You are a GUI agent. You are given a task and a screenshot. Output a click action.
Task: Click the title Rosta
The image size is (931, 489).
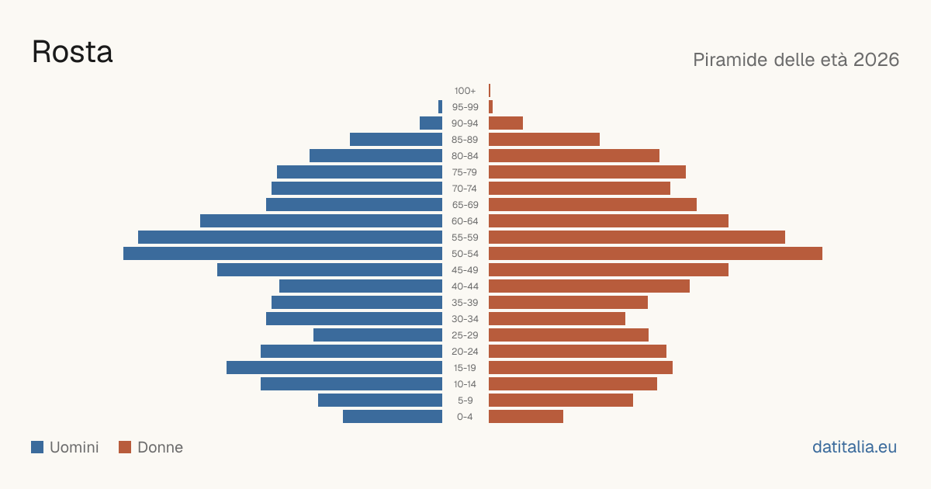click(72, 52)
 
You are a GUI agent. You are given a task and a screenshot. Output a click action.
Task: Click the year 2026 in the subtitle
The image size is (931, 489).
click(876, 60)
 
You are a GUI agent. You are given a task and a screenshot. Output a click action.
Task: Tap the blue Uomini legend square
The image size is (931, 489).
click(37, 447)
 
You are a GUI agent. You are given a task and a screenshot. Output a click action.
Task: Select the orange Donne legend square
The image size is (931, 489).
click(125, 447)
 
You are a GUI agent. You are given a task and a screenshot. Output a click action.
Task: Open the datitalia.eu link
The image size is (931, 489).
click(854, 447)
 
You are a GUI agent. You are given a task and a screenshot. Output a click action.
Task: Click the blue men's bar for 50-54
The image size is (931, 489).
click(282, 254)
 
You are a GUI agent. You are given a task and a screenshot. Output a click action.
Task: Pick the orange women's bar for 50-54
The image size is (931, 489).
click(656, 254)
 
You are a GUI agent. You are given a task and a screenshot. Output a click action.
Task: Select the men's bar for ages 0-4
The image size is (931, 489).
click(393, 417)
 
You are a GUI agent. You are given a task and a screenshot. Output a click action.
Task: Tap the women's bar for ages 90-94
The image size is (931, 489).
click(506, 123)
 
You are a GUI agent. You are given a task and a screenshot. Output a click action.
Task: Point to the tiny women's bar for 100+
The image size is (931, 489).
click(490, 91)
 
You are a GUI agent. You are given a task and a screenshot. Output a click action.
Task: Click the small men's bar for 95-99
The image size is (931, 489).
click(440, 107)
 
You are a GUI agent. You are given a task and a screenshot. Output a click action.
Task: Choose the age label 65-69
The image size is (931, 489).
click(465, 205)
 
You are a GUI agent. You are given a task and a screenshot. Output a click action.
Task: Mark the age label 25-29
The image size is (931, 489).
click(465, 335)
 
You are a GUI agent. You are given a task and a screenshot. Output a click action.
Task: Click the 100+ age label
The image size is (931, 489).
click(465, 91)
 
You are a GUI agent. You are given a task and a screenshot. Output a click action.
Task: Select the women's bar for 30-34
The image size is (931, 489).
click(557, 319)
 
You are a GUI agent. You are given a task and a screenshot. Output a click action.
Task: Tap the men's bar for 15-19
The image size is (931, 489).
click(334, 368)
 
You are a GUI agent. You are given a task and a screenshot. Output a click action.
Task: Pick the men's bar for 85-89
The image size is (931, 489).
click(396, 139)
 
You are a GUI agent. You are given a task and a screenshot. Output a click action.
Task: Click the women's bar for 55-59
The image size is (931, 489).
click(637, 238)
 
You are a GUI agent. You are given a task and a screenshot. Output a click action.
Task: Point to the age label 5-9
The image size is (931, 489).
click(465, 401)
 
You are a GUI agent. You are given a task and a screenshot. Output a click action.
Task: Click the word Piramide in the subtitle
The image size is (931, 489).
click(730, 60)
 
